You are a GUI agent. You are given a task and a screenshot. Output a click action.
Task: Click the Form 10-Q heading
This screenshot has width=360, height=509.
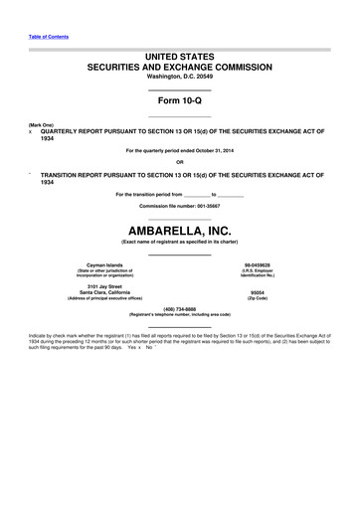(x=179, y=102)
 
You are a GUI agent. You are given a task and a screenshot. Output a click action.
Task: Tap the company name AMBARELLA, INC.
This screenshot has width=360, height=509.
(x=179, y=231)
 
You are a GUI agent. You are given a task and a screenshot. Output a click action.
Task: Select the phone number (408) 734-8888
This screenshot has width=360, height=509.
(x=179, y=309)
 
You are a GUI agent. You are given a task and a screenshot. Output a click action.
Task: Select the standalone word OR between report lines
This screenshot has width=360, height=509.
(x=179, y=162)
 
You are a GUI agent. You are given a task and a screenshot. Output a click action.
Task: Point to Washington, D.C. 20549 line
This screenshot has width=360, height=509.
(x=179, y=76)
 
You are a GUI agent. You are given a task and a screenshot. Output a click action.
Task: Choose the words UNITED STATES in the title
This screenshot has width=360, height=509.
(x=179, y=55)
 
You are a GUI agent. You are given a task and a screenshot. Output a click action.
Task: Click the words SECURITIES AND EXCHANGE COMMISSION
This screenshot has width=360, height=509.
(x=179, y=66)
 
